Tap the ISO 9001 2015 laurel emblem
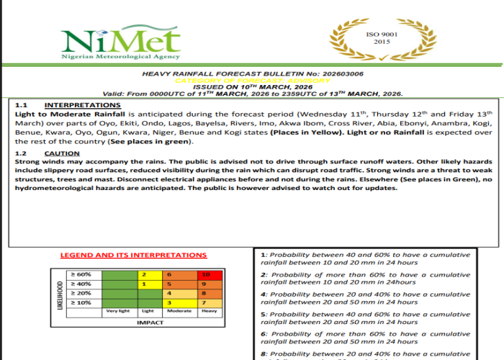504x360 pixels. (x=377, y=39)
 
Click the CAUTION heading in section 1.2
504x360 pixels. (x=62, y=153)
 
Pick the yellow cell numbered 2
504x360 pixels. (x=146, y=274)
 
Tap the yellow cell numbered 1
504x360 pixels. (x=146, y=284)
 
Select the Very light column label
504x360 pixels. (x=117, y=311)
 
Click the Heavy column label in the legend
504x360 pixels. (x=209, y=311)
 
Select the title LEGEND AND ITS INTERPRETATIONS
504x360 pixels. (x=132, y=256)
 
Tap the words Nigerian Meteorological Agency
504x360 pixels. (x=109, y=56)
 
